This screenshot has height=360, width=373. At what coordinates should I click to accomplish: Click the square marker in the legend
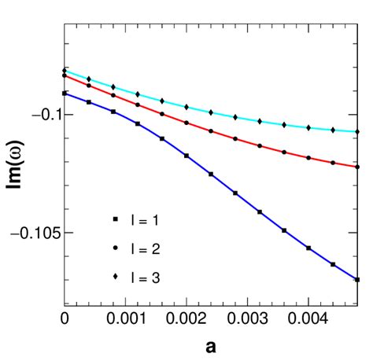point(115,218)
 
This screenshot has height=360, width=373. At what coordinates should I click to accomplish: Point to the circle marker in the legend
point(115,247)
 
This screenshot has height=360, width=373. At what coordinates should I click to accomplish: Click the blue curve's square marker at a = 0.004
point(308,248)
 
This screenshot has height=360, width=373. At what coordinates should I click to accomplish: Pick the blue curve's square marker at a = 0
point(65,93)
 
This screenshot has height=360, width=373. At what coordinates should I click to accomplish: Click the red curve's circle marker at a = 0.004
point(308,158)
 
